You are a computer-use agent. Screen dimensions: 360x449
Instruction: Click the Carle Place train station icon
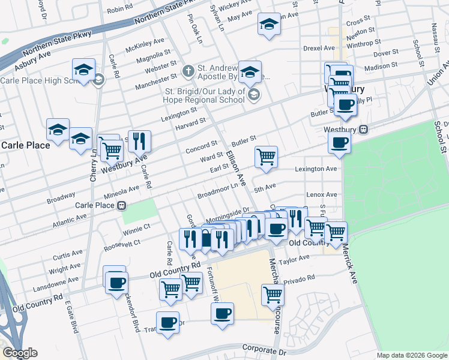coord(122,205)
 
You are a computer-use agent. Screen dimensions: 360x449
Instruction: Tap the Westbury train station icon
coord(363,130)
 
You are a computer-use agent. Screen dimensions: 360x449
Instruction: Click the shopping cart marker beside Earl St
coord(266,157)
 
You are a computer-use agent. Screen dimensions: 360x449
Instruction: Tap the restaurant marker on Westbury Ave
coord(139,142)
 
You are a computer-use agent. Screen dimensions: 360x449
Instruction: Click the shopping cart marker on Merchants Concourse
coord(273,295)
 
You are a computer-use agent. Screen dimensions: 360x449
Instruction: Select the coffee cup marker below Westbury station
coord(339,143)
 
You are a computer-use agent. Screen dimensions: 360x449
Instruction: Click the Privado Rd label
coord(299,278)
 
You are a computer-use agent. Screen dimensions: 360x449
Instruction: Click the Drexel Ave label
coord(320,47)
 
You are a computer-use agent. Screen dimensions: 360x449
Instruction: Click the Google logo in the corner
coord(20,353)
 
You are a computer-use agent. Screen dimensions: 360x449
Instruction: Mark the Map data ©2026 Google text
coord(411,355)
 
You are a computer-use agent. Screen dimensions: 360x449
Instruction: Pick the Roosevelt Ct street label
coord(121,244)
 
